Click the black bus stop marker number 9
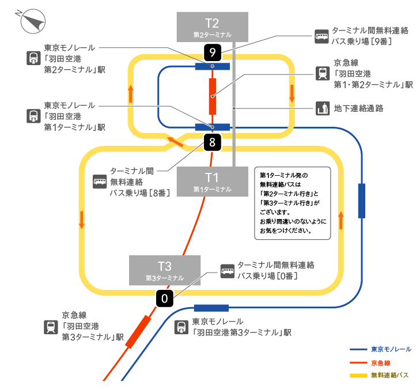[213, 52]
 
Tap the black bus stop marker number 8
[213, 142]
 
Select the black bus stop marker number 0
[164, 299]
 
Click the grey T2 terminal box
[213, 27]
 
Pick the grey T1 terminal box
[213, 182]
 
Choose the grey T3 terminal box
[165, 270]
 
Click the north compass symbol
[33, 21]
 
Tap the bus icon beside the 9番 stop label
[321, 36]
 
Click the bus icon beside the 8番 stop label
[100, 182]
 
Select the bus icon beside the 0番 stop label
[228, 271]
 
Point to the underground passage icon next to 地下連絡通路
[323, 108]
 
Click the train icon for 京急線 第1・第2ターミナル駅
[323, 73]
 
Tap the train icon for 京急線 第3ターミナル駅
[51, 327]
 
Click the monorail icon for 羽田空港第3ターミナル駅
[181, 327]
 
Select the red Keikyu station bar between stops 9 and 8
[213, 96]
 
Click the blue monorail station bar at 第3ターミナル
[211, 308]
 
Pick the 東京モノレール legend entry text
[391, 349]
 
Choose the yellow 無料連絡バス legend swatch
[358, 375]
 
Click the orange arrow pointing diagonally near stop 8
[176, 142]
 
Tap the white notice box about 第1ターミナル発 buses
[293, 203]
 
